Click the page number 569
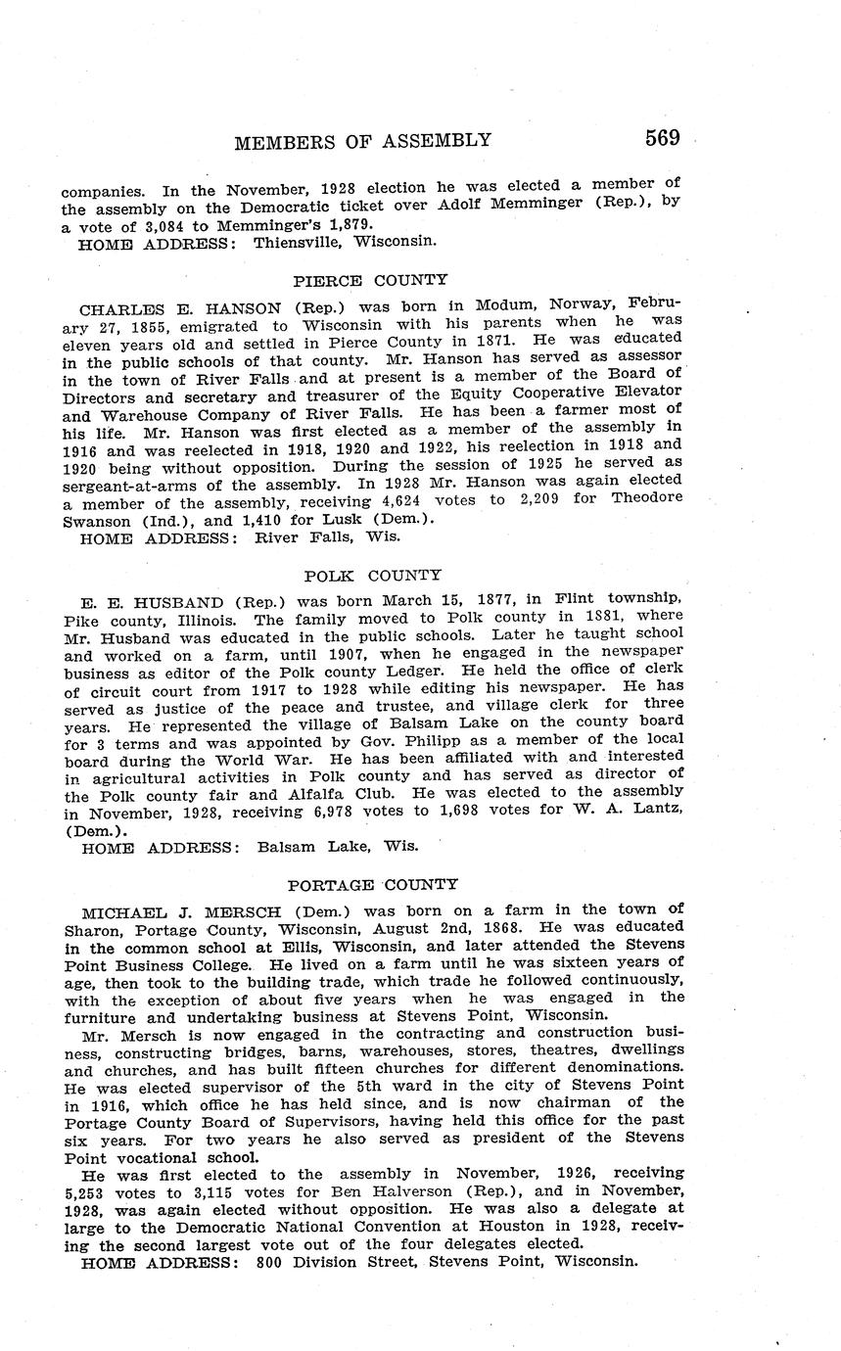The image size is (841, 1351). pos(662,138)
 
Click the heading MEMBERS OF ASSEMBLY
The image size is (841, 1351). pos(362,141)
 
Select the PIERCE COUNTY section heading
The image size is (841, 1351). pos(370,280)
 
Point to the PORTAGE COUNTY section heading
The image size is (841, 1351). pos(372,885)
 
